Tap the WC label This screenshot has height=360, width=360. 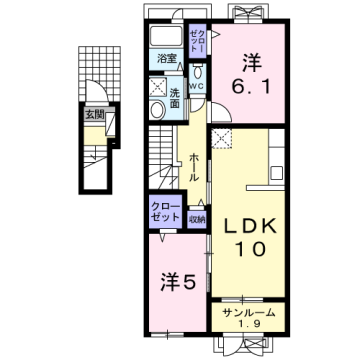tap(196, 85)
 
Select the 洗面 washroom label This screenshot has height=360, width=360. tap(175, 99)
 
